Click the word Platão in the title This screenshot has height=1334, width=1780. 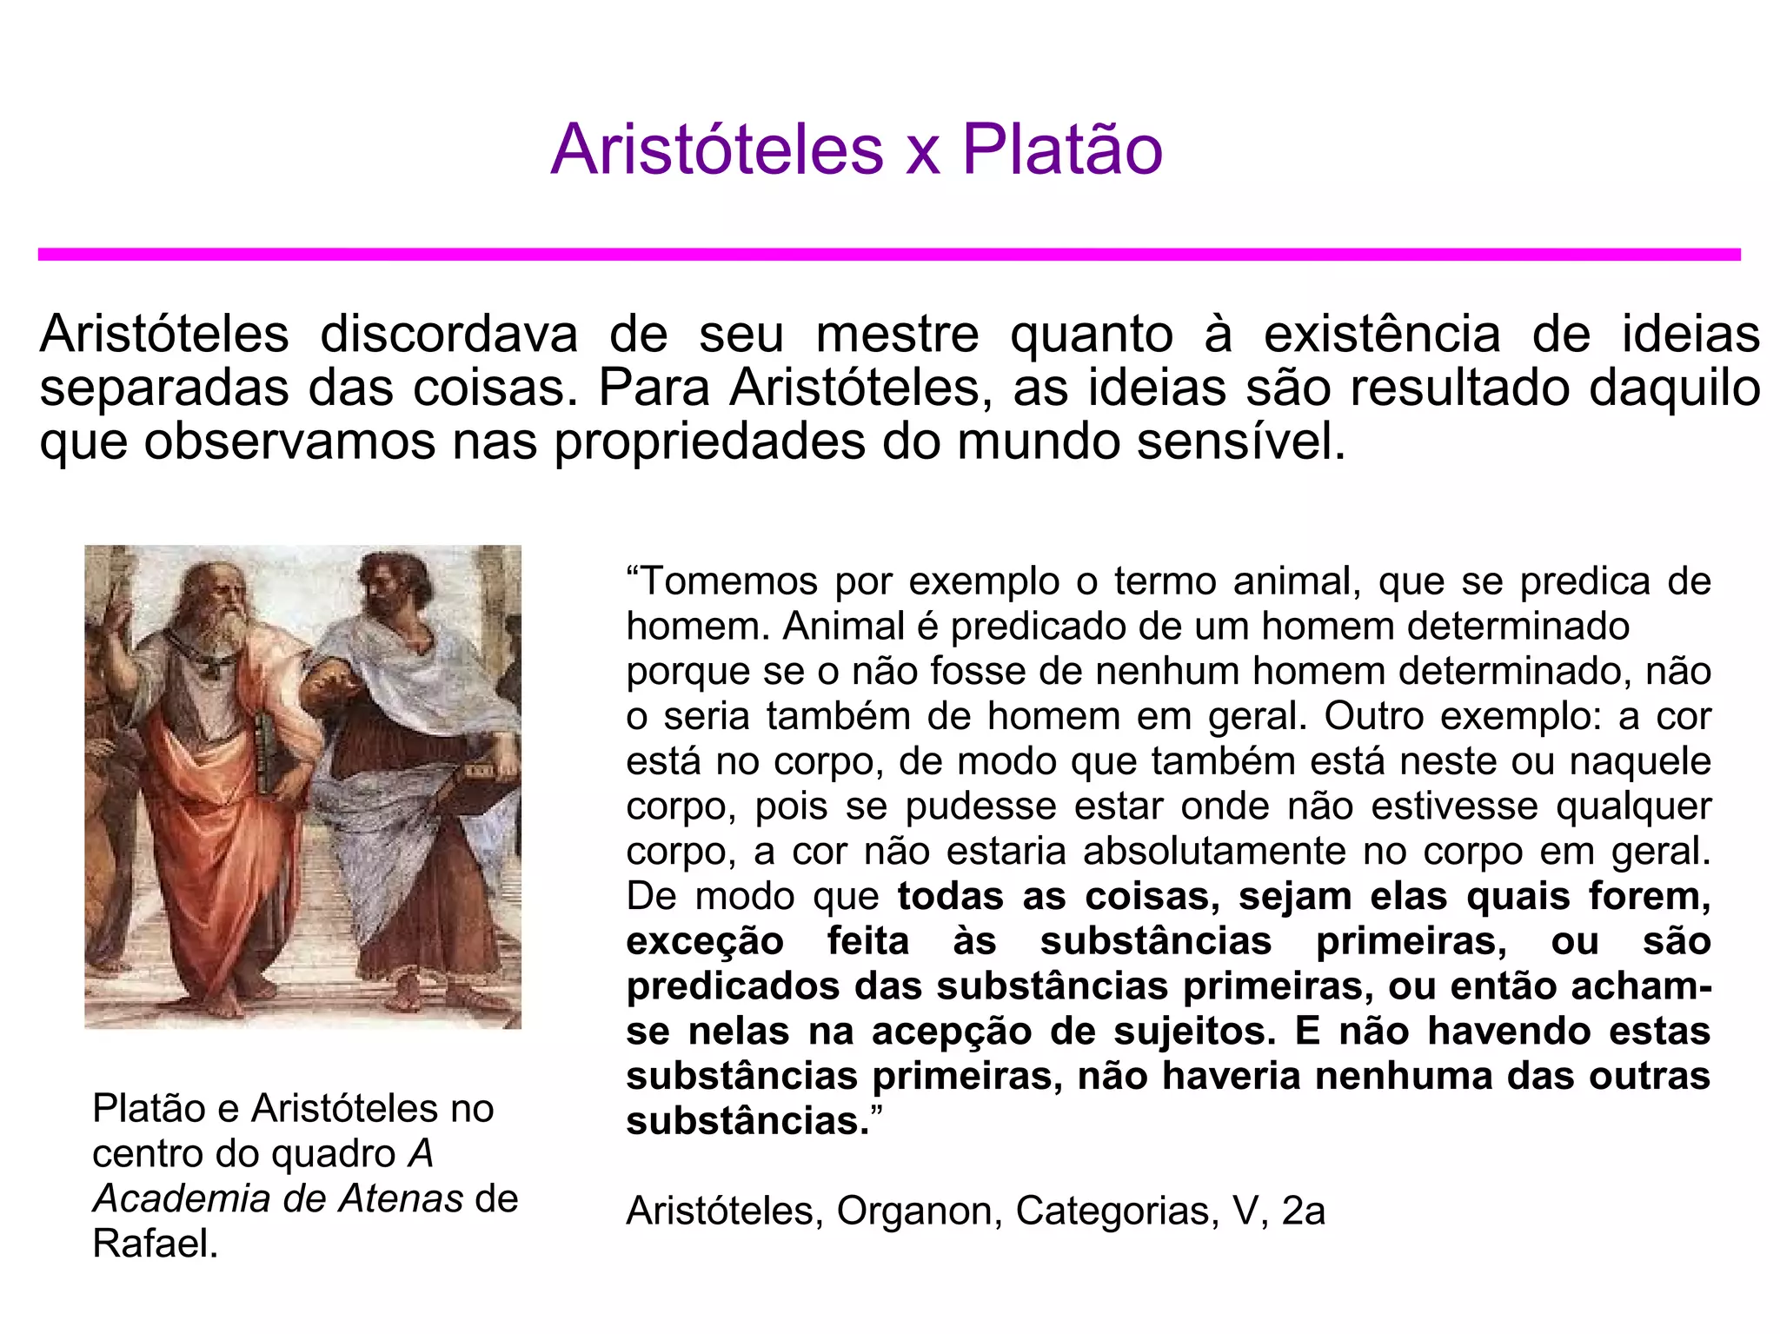(x=1061, y=149)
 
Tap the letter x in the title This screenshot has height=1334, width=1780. (x=923, y=153)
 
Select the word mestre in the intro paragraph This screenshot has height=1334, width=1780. (x=897, y=335)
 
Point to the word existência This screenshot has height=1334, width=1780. (x=1382, y=335)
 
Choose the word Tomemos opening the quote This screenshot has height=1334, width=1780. (x=728, y=581)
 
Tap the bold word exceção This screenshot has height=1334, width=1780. (x=705, y=942)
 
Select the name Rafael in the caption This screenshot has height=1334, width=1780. (x=154, y=1244)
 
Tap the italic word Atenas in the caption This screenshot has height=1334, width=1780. (x=399, y=1199)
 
